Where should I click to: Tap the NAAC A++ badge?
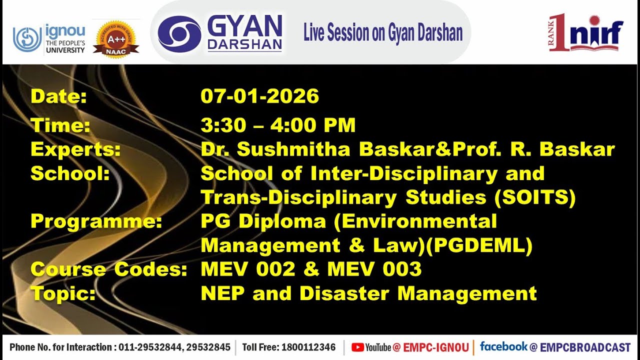click(115, 39)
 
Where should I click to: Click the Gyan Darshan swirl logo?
click(179, 33)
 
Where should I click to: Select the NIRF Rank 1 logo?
click(586, 32)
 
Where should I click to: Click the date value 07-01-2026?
click(259, 96)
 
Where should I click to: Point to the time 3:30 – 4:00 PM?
click(278, 125)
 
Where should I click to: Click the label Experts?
click(75, 149)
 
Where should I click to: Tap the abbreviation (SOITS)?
click(535, 197)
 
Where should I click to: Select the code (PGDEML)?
click(481, 245)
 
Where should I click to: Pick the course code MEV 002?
click(248, 269)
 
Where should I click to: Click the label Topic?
click(63, 293)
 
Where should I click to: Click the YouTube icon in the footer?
click(357, 347)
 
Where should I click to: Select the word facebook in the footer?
click(503, 346)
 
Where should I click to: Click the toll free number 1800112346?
click(308, 347)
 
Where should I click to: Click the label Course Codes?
click(108, 269)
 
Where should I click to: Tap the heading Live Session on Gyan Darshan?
click(382, 33)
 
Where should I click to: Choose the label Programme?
click(96, 221)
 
